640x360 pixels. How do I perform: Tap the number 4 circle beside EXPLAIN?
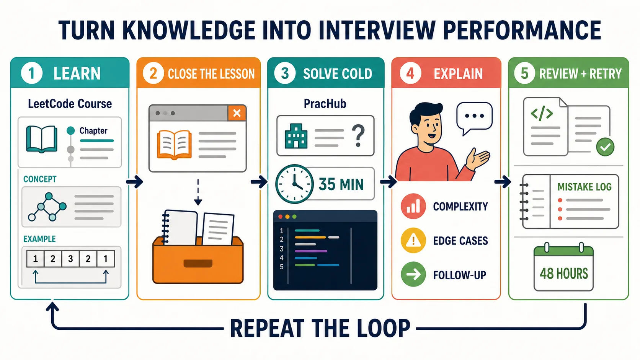click(410, 73)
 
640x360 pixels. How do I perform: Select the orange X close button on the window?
click(237, 113)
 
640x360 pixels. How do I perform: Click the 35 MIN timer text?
click(341, 184)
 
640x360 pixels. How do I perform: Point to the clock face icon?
click(294, 184)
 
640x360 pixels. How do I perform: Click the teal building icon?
click(296, 136)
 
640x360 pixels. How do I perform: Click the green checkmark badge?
click(605, 147)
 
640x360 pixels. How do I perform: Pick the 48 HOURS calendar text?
click(564, 274)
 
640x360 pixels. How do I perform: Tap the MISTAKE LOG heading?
click(584, 187)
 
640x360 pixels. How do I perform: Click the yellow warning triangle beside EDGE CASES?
click(413, 240)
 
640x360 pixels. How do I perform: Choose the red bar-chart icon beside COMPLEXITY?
click(413, 206)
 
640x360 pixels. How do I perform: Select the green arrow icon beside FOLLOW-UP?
click(413, 274)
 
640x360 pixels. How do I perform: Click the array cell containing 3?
click(70, 259)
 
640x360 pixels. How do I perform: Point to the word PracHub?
click(325, 103)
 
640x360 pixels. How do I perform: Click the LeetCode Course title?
click(70, 104)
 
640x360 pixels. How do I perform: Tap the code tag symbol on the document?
click(542, 113)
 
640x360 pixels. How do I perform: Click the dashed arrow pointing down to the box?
click(198, 192)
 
